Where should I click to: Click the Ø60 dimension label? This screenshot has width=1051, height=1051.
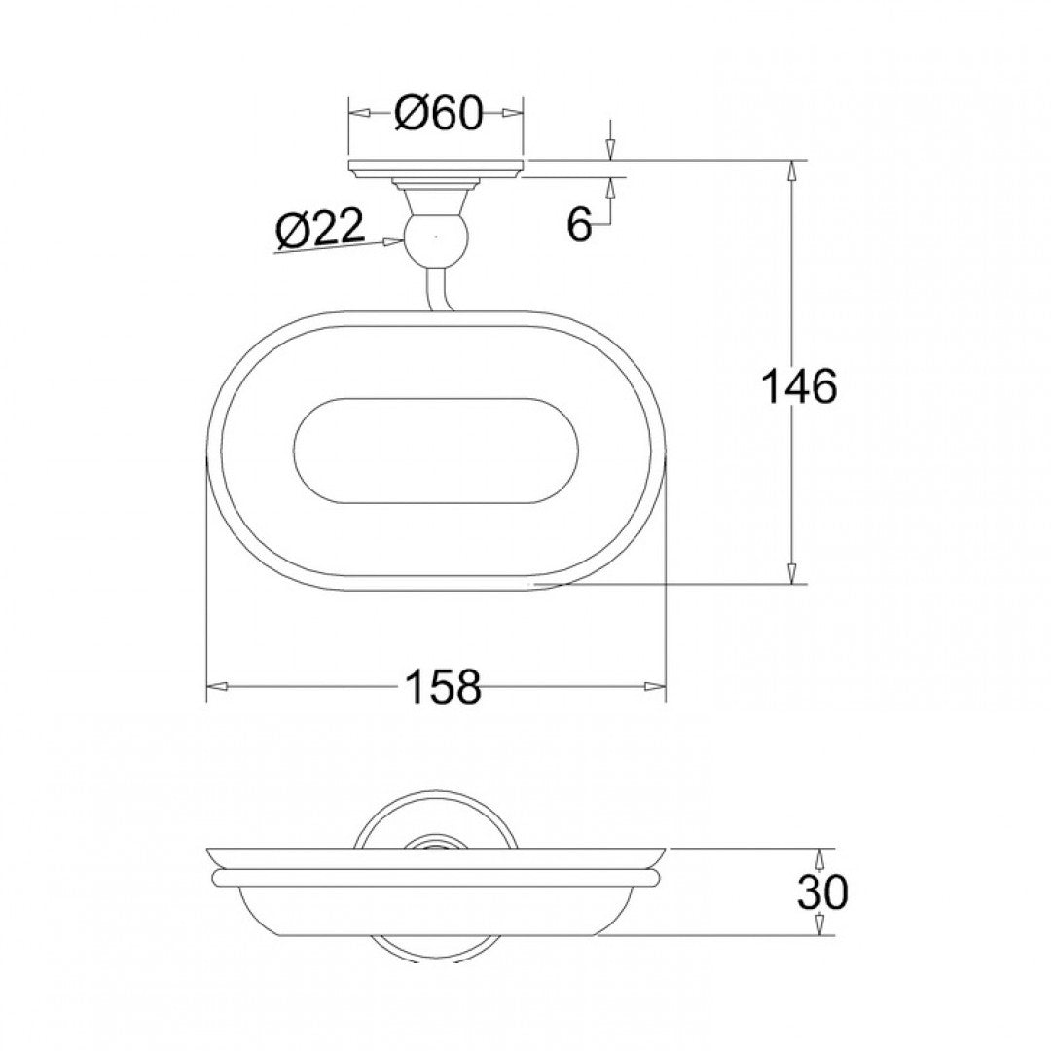438,115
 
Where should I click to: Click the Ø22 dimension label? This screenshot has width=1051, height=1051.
319,230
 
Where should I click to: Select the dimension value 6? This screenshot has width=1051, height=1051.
580,226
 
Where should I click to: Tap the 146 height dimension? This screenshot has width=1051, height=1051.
798,387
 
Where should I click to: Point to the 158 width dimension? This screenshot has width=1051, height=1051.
443,687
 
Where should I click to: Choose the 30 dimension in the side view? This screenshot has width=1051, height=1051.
822,891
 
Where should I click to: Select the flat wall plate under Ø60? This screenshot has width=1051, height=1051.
436,167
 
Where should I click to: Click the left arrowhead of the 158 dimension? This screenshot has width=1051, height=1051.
216,687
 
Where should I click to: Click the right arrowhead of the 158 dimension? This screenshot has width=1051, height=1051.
658,687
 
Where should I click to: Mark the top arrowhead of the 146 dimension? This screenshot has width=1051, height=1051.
793,169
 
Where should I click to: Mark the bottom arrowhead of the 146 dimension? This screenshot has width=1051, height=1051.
793,574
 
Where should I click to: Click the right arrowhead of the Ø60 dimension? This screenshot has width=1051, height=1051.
515,115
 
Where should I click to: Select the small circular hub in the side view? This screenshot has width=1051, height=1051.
435,841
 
